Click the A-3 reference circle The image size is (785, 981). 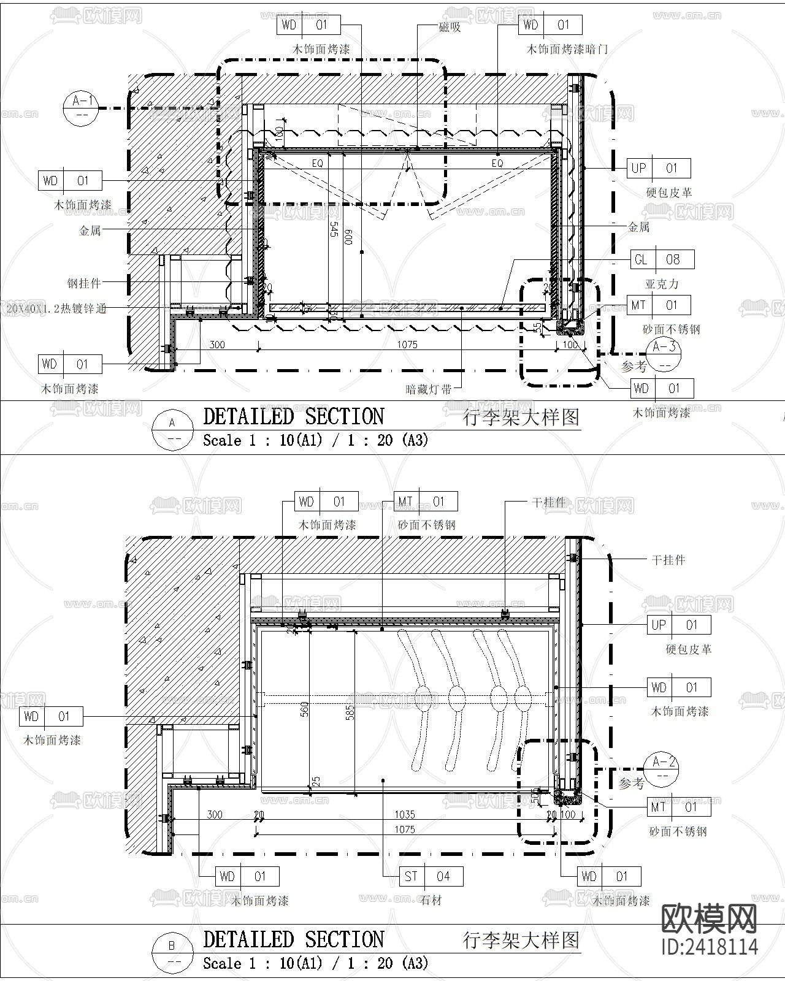[x=664, y=354]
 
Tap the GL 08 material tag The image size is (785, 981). [x=662, y=260]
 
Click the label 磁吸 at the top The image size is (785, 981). [x=450, y=28]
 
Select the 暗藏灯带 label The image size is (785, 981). [x=429, y=389]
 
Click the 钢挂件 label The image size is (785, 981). [x=84, y=283]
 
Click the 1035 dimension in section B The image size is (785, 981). [x=405, y=814]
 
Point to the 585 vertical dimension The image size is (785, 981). [x=350, y=712]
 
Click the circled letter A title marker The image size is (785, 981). [x=172, y=429]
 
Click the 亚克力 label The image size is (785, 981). [x=662, y=284]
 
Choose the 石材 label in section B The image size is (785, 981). [x=431, y=900]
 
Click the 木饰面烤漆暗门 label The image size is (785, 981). [x=567, y=49]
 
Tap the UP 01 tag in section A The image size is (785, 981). [x=659, y=168]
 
